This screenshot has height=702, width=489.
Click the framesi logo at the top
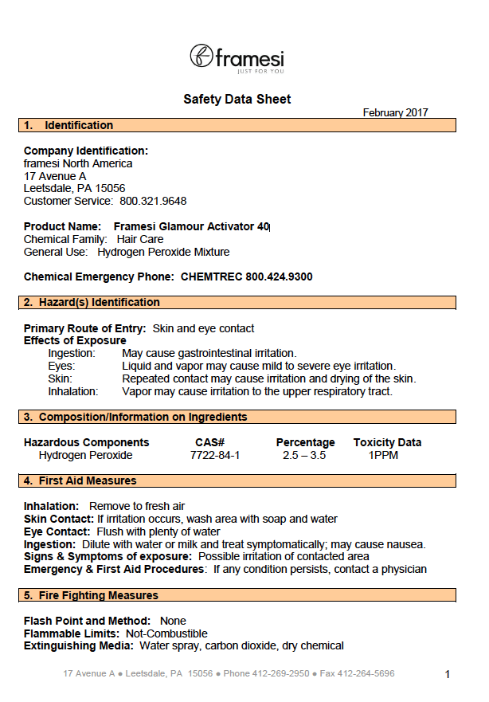[237, 58]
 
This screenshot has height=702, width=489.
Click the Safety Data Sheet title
[237, 100]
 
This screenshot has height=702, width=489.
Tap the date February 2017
[395, 112]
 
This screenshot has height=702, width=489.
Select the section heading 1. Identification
[79, 125]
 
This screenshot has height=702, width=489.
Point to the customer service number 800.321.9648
[153, 202]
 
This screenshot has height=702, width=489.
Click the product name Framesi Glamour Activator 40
[191, 227]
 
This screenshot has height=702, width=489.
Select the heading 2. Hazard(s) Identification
[99, 303]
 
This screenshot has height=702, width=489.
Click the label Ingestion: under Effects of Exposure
[72, 354]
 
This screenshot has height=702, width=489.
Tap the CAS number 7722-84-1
[214, 456]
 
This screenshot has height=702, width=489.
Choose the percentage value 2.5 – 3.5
[304, 456]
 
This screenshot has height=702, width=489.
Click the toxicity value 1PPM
[383, 456]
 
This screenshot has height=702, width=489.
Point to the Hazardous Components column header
[86, 442]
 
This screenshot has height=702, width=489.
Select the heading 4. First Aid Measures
[88, 480]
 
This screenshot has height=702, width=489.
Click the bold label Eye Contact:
[57, 531]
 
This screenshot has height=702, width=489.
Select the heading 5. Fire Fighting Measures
[98, 595]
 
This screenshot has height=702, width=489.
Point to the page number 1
[447, 675]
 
